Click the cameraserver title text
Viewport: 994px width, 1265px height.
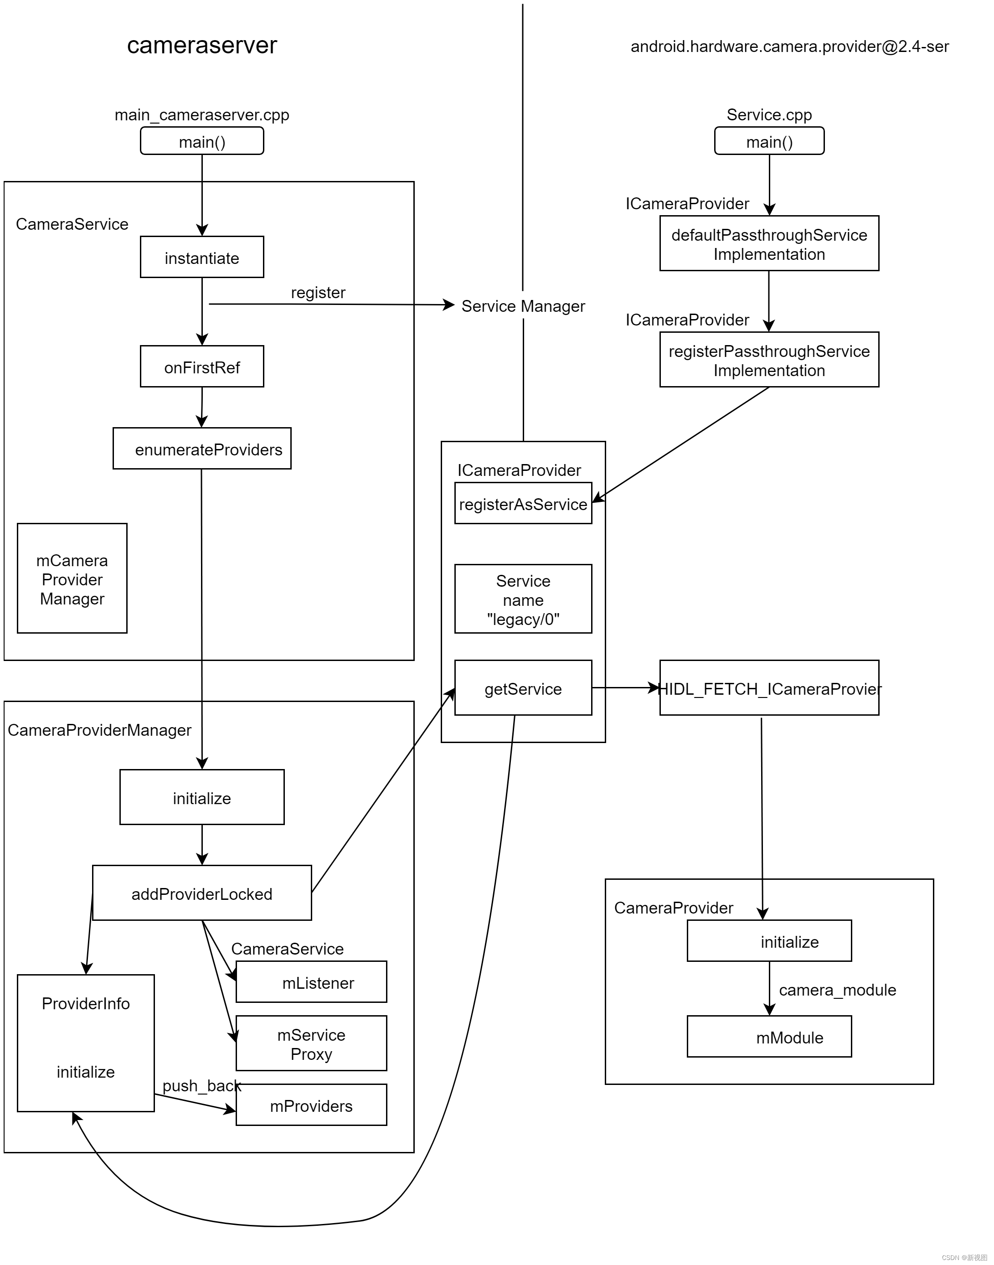pos(201,46)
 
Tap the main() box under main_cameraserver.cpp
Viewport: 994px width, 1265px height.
pos(201,141)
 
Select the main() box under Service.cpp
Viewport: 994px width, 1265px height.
pos(769,141)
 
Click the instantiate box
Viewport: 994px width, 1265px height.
pos(201,257)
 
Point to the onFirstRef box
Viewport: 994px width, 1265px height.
pos(201,367)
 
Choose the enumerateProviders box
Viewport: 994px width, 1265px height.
pos(201,449)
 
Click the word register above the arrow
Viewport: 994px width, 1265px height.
pos(318,292)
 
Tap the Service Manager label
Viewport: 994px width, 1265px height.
pos(523,306)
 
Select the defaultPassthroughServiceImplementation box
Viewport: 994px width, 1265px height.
pos(769,244)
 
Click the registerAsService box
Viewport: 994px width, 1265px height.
pos(523,504)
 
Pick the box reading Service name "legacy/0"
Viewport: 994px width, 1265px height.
pos(523,599)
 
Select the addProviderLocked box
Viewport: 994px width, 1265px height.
pos(201,893)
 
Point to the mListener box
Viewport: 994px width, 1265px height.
pos(311,983)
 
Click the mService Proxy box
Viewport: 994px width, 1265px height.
pos(311,1044)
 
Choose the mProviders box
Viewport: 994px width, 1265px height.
pos(311,1105)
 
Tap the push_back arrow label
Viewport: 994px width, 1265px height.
pos(201,1086)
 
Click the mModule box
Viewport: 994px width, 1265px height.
pos(769,1038)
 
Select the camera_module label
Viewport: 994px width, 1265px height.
pos(837,990)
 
